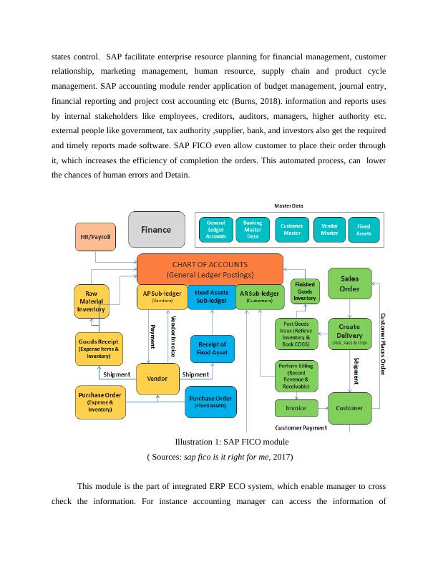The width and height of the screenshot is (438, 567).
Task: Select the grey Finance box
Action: tap(156, 230)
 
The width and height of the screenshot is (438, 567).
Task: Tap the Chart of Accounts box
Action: tap(210, 268)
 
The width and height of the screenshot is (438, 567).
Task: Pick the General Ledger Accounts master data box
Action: tap(215, 230)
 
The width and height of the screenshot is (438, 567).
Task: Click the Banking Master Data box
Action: tap(253, 230)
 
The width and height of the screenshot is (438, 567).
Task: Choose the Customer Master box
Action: tap(291, 230)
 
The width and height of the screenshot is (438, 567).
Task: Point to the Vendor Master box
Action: tap(329, 230)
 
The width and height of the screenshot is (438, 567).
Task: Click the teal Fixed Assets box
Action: tap(364, 230)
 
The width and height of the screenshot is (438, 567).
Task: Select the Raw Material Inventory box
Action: tap(92, 301)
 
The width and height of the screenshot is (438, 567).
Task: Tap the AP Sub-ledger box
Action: tap(161, 296)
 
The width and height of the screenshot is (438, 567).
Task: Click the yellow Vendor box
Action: tap(157, 378)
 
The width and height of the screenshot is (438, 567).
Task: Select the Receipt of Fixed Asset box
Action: tap(213, 349)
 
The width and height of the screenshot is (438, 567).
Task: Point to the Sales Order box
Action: tap(349, 283)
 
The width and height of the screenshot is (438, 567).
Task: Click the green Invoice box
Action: tap(296, 408)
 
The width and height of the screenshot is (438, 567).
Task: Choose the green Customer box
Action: tap(349, 408)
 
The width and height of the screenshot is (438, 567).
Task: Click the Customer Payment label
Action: tap(301, 428)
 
